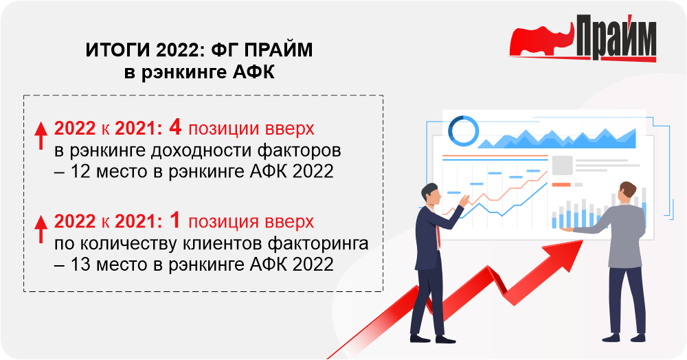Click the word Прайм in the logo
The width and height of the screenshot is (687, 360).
(x=616, y=37)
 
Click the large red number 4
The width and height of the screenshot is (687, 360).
(x=175, y=127)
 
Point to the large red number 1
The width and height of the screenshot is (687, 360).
(x=175, y=221)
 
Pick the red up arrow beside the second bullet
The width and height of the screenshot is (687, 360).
(x=41, y=229)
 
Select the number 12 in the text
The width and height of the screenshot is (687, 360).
(x=80, y=171)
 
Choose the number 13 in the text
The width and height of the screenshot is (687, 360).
(x=80, y=265)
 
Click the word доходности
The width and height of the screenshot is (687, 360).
(x=201, y=151)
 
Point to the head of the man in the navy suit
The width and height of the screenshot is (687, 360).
(x=430, y=194)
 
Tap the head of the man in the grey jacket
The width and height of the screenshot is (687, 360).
(x=627, y=192)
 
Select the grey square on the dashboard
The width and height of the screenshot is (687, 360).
(x=562, y=165)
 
